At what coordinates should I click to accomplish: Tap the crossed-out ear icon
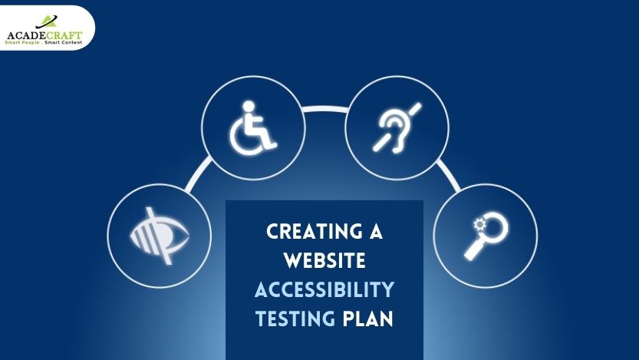point(397,128)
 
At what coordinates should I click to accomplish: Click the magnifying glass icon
point(486,236)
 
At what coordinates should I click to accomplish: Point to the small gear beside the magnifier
point(479,224)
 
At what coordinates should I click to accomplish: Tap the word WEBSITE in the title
point(324,260)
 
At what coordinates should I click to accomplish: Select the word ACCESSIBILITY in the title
point(324,289)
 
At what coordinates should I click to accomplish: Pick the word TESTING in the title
point(295,319)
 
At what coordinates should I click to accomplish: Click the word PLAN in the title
point(368,319)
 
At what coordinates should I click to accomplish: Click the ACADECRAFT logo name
point(44,35)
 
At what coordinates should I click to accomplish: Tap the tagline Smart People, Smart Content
point(44,42)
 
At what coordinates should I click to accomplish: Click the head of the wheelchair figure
point(248,106)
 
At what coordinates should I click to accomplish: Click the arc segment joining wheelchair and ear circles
point(325,109)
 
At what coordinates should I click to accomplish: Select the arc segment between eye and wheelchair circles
point(198,173)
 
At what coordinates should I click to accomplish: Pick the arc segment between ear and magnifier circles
point(449,175)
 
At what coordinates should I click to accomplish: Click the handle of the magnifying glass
point(474,249)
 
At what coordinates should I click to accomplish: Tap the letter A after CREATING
point(376,231)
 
